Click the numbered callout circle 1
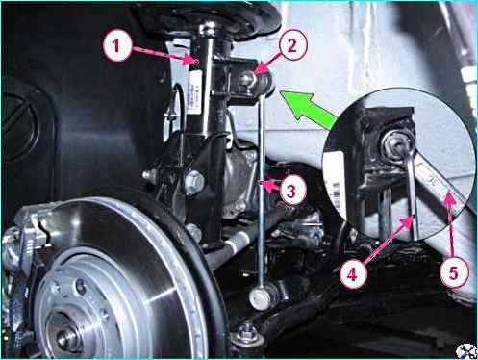[x=117, y=45]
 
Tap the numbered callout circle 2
[x=292, y=45]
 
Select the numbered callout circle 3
[x=290, y=191]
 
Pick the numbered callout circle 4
[x=352, y=274]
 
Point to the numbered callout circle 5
[x=453, y=273]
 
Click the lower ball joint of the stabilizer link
[x=261, y=298]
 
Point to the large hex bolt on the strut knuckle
[x=194, y=182]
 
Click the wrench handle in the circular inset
[x=440, y=180]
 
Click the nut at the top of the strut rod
[x=207, y=28]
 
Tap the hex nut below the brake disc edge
[x=246, y=334]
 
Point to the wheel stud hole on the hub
[x=80, y=286]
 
